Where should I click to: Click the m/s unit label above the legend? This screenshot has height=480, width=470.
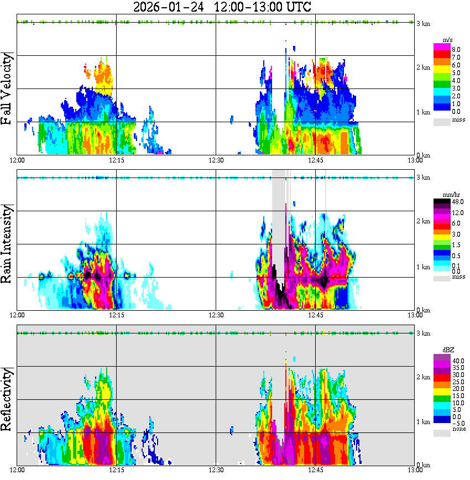tap(448, 40)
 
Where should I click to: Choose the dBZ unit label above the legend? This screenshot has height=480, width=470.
tap(448, 351)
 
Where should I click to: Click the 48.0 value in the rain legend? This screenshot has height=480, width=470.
tap(457, 202)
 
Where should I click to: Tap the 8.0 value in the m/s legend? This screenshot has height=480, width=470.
tap(457, 49)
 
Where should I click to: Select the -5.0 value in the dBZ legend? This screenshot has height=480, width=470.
tap(457, 422)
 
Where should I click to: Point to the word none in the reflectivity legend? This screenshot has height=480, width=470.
tap(458, 429)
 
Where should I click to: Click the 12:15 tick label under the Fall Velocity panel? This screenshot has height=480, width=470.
tap(117, 160)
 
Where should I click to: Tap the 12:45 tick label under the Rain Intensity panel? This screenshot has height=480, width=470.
tap(316, 315)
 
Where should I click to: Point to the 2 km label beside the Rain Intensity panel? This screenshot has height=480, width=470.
tap(424, 222)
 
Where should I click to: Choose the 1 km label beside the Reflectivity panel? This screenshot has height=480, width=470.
tap(424, 421)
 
